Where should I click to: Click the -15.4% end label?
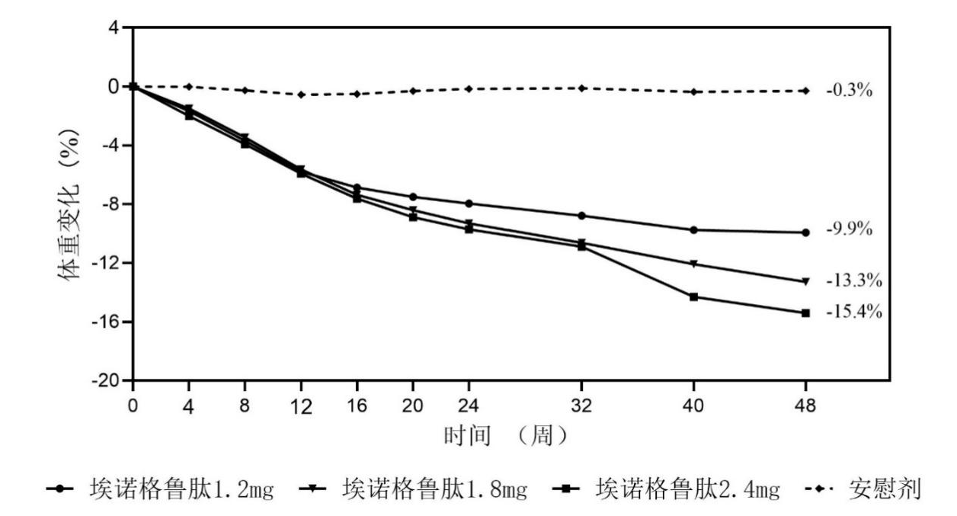[853, 312]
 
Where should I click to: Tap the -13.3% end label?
[853, 280]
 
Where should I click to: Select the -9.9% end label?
[849, 229]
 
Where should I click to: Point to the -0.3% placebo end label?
[849, 90]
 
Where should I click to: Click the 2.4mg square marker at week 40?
[693, 296]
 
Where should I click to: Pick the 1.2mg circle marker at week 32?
[582, 216]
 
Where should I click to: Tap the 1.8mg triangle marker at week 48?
[805, 281]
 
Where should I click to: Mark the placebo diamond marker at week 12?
[302, 95]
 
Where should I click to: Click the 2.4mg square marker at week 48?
[805, 312]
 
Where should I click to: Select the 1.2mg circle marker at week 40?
[693, 229]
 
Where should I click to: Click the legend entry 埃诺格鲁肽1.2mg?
[160, 488]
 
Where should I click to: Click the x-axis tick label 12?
[302, 406]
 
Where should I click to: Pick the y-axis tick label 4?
[114, 28]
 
